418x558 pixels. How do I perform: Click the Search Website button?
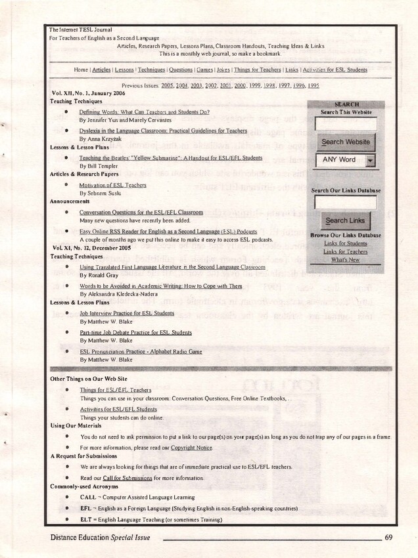(x=346, y=142)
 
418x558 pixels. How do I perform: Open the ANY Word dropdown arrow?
(x=371, y=160)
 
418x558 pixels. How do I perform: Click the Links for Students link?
(x=346, y=244)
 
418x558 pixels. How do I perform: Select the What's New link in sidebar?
(x=346, y=260)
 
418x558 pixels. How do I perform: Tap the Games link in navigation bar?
(x=204, y=70)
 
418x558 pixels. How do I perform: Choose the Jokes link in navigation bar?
(x=223, y=70)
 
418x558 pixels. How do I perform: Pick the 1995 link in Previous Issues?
(x=313, y=86)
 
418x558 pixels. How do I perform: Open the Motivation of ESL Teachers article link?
(x=112, y=185)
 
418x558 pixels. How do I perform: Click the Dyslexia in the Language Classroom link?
(x=163, y=131)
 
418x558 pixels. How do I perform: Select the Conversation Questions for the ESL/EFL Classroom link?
(x=141, y=213)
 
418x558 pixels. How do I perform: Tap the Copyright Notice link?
(x=191, y=447)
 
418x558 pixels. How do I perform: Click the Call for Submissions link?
(x=128, y=479)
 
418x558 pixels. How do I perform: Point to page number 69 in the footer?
(x=389, y=538)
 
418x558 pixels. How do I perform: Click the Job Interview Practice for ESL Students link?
(x=127, y=313)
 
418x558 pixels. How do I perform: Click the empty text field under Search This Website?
(x=346, y=123)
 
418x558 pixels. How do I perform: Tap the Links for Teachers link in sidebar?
(x=346, y=251)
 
